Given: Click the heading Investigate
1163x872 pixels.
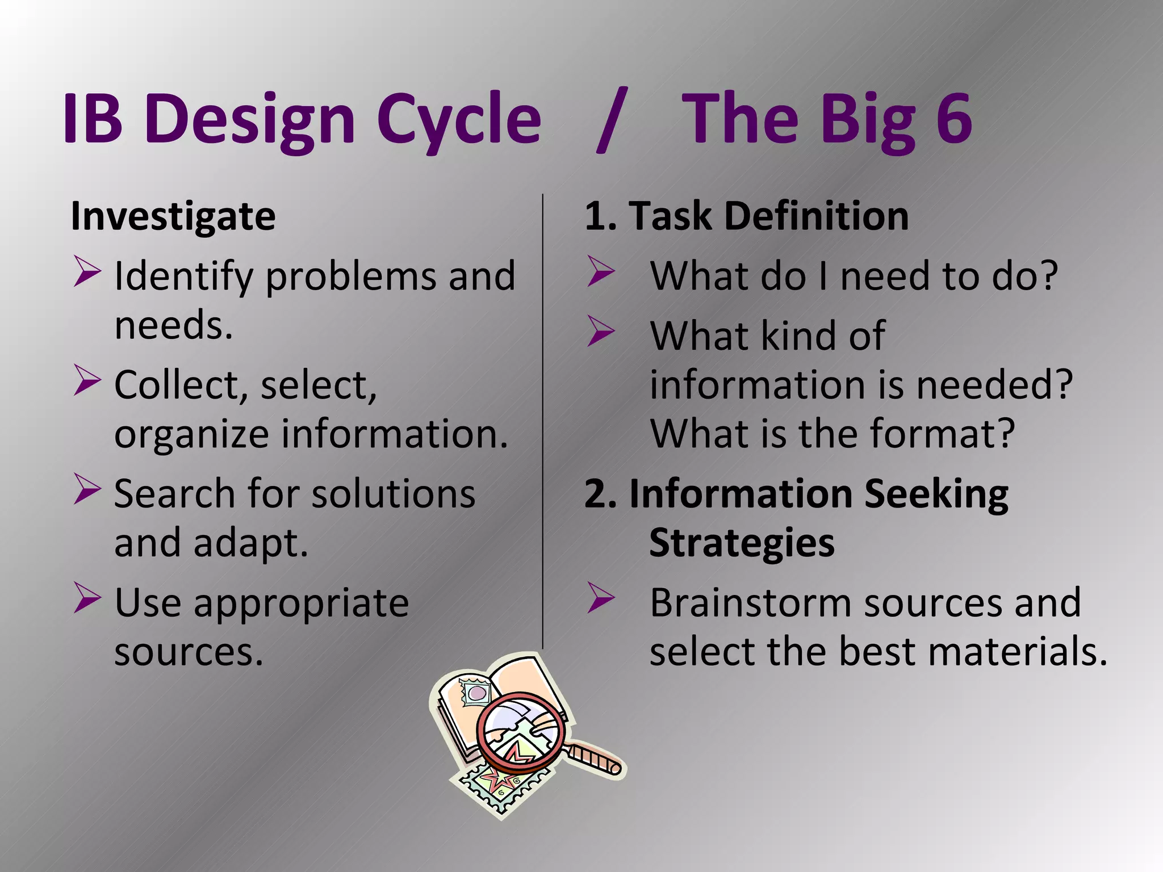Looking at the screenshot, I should pos(173,216).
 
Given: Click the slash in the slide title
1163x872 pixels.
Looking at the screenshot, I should pos(612,120).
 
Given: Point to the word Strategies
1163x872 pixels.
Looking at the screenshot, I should pos(742,543).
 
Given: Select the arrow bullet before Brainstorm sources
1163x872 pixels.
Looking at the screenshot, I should pos(601,598).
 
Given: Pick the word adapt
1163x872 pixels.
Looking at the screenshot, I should pos(250,543).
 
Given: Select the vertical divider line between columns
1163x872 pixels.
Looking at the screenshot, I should pos(543,420).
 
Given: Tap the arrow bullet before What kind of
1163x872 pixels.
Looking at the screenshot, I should pos(601,332).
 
